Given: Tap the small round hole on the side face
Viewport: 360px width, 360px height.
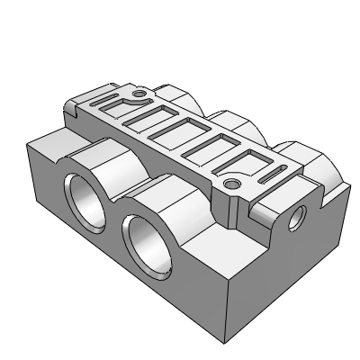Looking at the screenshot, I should tap(300, 216).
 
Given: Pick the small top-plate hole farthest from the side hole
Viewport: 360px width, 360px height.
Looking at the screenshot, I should tap(139, 93).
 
